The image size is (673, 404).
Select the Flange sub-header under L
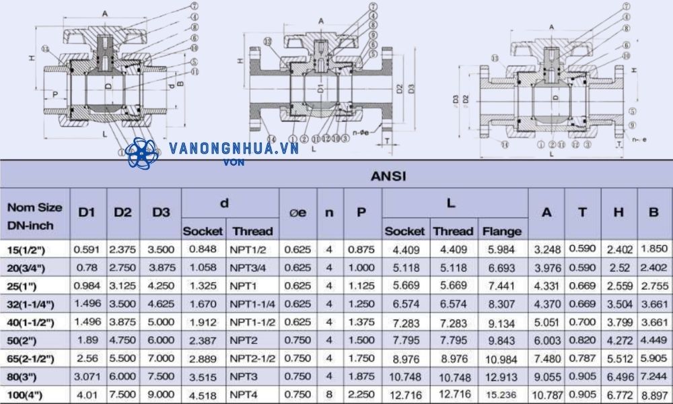click(501, 231)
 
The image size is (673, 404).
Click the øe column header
click(297, 212)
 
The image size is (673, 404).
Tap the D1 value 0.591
click(87, 249)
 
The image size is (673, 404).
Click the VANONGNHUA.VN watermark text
click(234, 149)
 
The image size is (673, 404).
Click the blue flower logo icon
click(141, 154)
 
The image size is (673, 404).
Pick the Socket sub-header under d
click(203, 231)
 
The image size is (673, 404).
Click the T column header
click(581, 212)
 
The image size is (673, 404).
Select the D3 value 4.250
click(161, 285)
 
